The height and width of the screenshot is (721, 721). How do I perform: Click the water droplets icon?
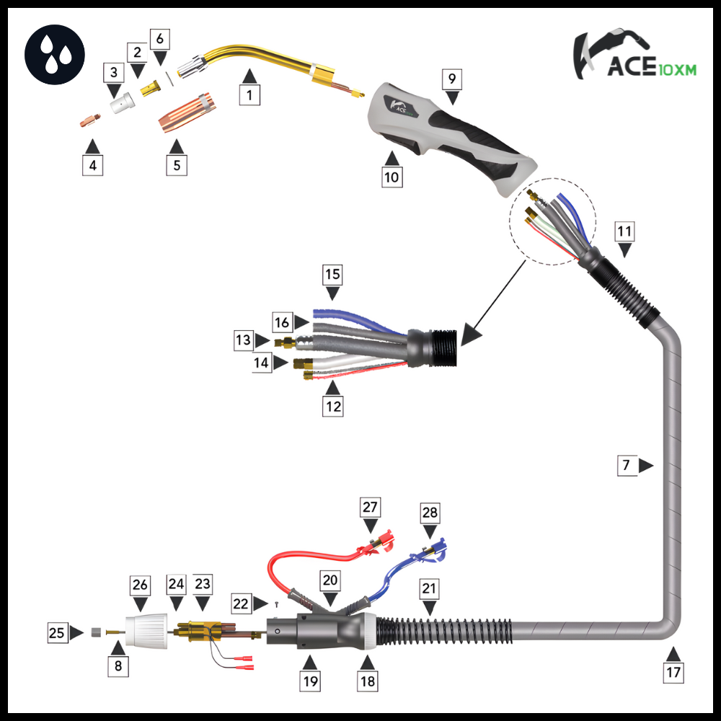(55, 53)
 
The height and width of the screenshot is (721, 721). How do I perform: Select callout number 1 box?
(249, 95)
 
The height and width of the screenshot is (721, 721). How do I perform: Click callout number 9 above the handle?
(451, 79)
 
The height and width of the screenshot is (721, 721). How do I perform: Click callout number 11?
(624, 231)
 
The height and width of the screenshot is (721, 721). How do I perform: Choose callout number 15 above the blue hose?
(332, 275)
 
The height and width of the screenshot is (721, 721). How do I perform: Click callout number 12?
(332, 407)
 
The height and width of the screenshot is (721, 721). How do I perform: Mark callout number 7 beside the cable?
(627, 466)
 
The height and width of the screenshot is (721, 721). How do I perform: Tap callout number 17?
(672, 673)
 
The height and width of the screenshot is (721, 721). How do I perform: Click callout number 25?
(57, 634)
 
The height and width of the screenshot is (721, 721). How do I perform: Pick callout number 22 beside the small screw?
(242, 602)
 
